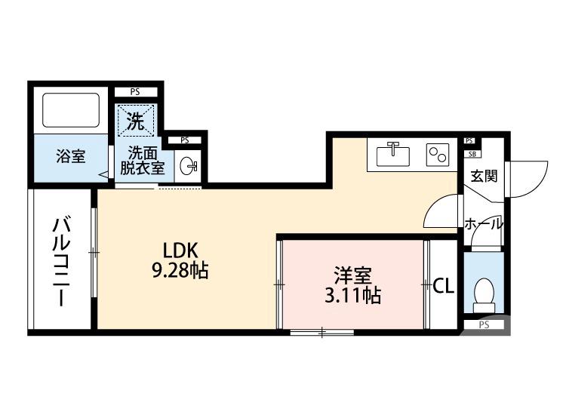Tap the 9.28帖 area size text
(x=181, y=271)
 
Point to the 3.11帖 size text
(x=352, y=295)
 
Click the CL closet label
(x=443, y=285)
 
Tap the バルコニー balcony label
(x=60, y=261)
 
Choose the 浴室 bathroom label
(x=70, y=157)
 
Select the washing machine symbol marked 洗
(x=135, y=119)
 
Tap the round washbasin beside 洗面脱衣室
(x=189, y=164)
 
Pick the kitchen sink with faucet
(x=392, y=154)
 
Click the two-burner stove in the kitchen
(x=437, y=154)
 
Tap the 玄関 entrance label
(x=484, y=177)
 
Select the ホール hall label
(x=484, y=224)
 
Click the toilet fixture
(x=483, y=294)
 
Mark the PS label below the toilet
(x=484, y=325)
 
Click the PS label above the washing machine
(x=135, y=92)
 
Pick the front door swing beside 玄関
(x=527, y=179)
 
